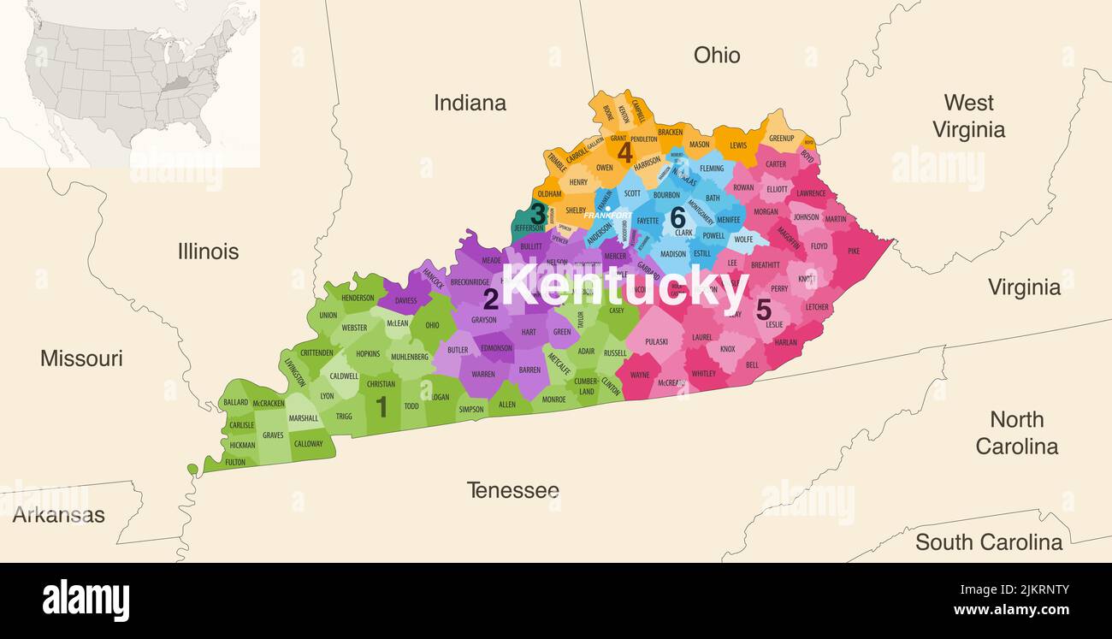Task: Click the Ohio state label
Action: coord(717,56)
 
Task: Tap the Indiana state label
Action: coord(470,104)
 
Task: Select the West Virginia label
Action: coord(968,116)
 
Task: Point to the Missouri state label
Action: coord(81,358)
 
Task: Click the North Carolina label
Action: coord(1016,433)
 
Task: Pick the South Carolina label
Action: coord(988,542)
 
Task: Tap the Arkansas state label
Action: coord(58,515)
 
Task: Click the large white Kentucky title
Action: coord(624,287)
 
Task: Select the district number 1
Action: coord(382,406)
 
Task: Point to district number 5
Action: coord(763,310)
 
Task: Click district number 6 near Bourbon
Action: coord(677,217)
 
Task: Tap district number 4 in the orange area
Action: coord(625,152)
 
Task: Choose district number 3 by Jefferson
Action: coord(538,212)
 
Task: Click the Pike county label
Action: coord(854,251)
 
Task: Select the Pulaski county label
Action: coord(657,341)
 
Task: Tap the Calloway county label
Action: coord(309,444)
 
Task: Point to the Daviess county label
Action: coord(405,301)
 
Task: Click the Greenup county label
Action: coord(781,139)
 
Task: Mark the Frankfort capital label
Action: coord(607,215)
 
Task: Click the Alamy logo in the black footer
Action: coord(86,600)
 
